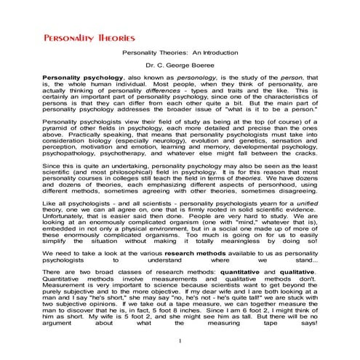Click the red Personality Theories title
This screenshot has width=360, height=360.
click(79, 37)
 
